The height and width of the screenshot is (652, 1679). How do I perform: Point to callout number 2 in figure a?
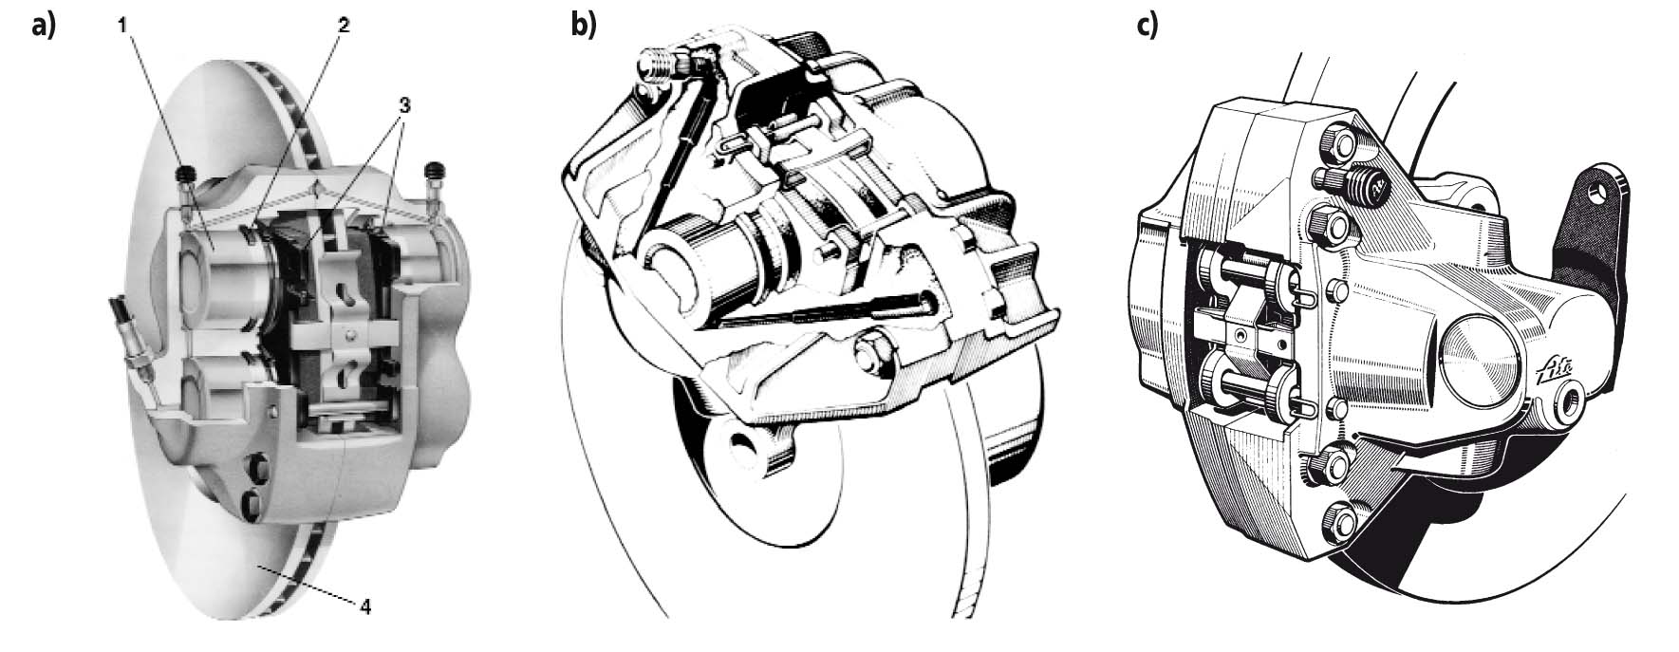tap(344, 27)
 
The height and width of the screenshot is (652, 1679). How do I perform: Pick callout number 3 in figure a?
tap(404, 106)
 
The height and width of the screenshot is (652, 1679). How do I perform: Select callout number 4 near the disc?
tap(365, 605)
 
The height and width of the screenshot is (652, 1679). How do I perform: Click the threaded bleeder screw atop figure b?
tap(657, 64)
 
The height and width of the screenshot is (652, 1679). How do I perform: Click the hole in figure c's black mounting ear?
tap(1603, 191)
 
